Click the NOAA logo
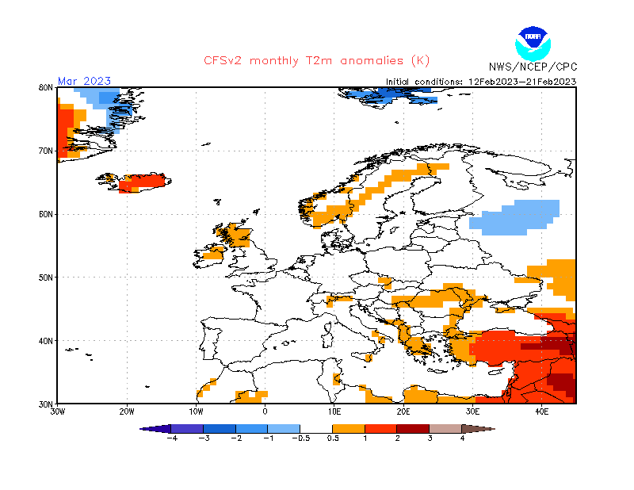click(x=532, y=43)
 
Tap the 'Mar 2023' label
click(x=84, y=81)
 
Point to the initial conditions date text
click(x=481, y=82)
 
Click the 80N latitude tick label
click(x=46, y=87)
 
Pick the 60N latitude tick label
click(x=46, y=214)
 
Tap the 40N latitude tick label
click(x=46, y=341)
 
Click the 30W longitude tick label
click(x=57, y=412)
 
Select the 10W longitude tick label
click(x=196, y=412)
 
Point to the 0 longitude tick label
click(x=265, y=412)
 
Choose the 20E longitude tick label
click(x=403, y=412)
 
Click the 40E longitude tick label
click(x=542, y=412)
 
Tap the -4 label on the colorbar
click(x=171, y=438)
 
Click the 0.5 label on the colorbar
click(x=334, y=438)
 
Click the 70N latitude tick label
click(x=46, y=151)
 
